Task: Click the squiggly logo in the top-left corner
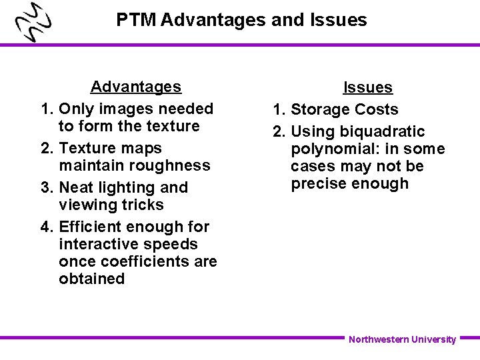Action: coord(34,23)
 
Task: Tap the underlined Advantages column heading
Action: coord(135,87)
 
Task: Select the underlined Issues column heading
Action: coord(367,87)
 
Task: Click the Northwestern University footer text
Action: coord(402,339)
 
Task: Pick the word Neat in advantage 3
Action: coord(76,187)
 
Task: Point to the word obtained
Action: coord(91,279)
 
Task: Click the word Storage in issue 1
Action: coord(318,109)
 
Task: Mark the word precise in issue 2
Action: coord(319,183)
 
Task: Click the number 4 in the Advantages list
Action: coord(45,227)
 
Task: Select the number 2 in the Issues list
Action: coord(277,131)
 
